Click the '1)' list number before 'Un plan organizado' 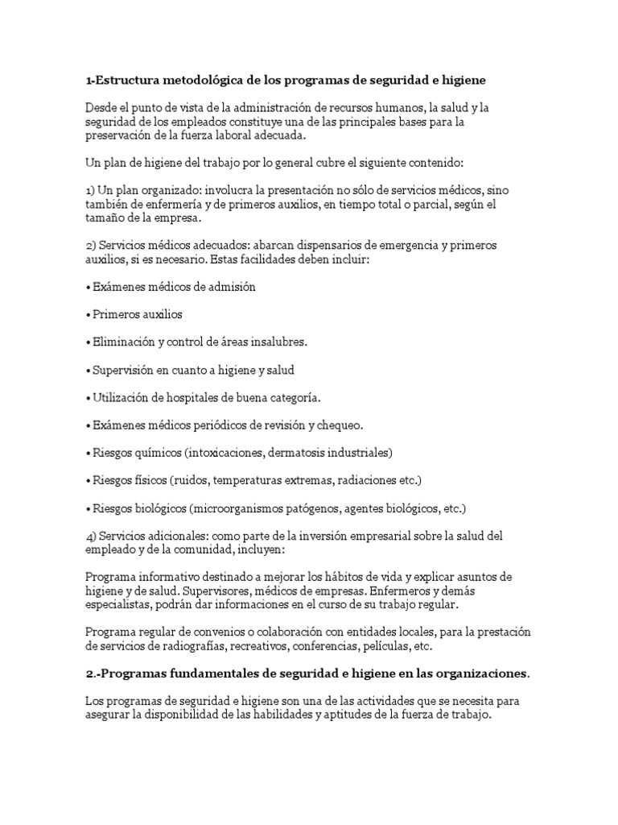tap(90, 190)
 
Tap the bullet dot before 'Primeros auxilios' tap(87, 315)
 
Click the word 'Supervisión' tap(123, 370)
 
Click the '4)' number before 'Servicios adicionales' tap(90, 537)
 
